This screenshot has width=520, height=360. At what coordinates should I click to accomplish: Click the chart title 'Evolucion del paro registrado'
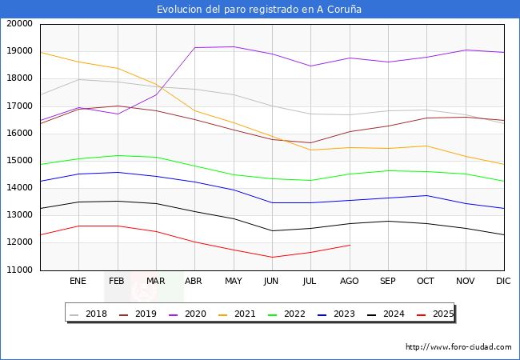(259, 10)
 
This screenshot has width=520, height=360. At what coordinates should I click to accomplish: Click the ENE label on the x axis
(78, 282)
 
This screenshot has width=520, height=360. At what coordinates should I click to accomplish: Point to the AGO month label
(349, 282)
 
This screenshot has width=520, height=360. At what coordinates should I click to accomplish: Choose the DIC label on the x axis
(503, 282)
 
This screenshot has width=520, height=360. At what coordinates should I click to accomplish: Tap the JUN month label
(271, 282)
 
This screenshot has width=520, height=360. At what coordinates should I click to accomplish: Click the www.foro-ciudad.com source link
(458, 347)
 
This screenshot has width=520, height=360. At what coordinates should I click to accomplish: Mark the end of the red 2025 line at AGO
(349, 245)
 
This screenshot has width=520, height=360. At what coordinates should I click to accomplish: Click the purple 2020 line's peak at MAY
(233, 46)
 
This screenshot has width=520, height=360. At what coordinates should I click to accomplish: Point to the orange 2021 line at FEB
(117, 68)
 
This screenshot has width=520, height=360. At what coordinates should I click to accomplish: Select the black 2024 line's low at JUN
(271, 231)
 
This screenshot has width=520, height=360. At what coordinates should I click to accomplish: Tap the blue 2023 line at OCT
(426, 195)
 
